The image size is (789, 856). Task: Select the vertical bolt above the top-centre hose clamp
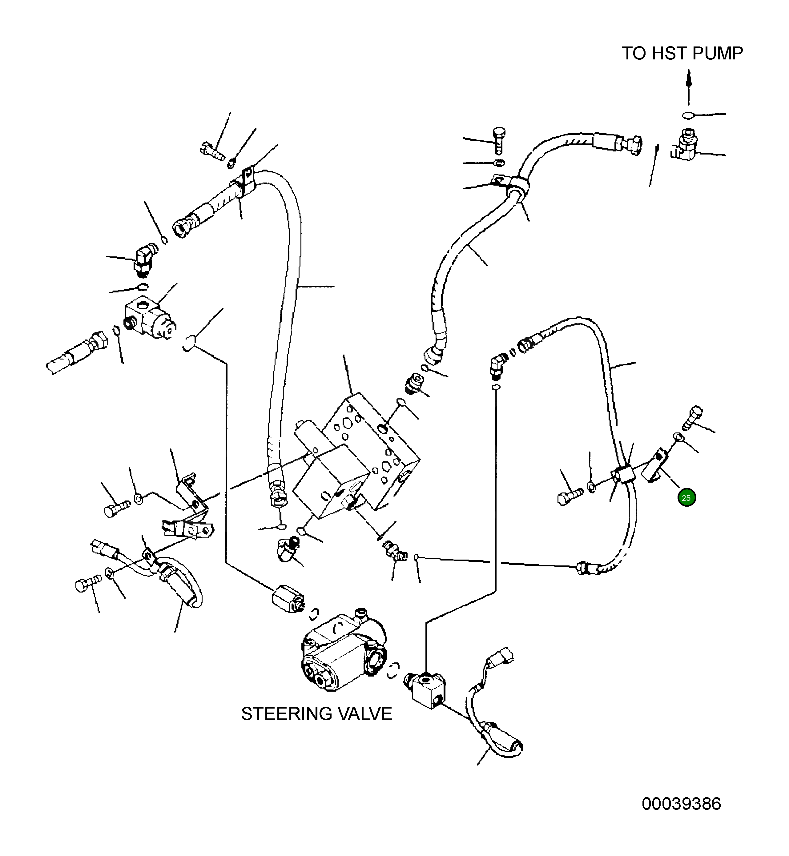click(x=499, y=140)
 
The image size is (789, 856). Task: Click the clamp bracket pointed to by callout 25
click(x=655, y=468)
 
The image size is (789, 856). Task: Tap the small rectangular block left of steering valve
click(x=287, y=599)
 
